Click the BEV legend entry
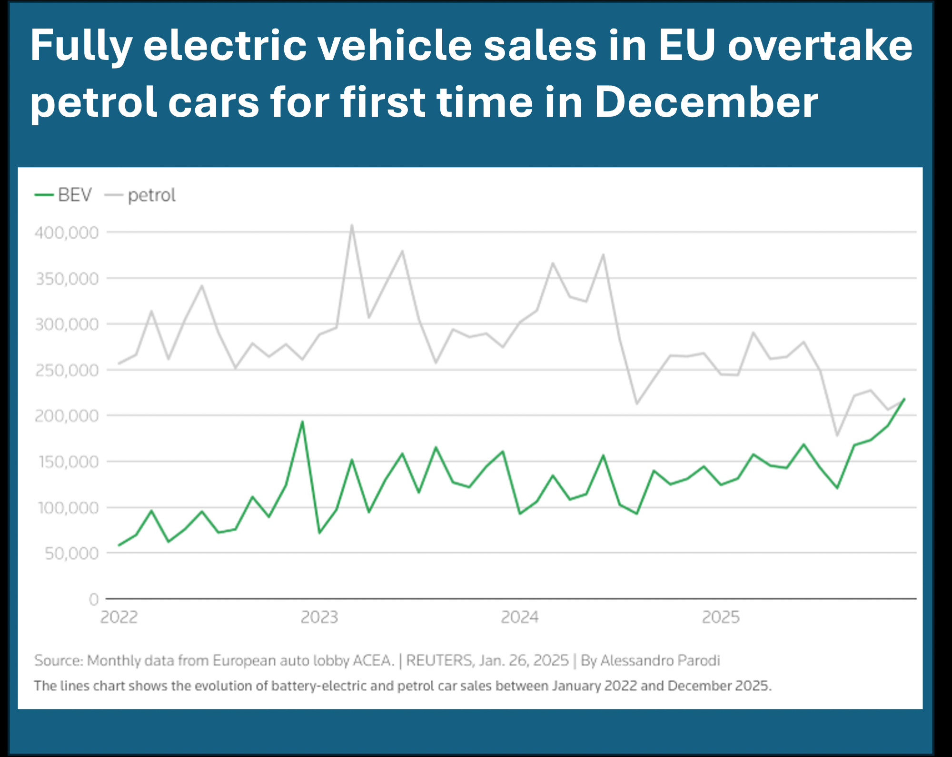[x=63, y=195]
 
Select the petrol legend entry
[x=140, y=195]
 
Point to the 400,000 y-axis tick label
[x=67, y=233]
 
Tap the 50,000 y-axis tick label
[x=71, y=554]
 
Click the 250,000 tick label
[x=67, y=370]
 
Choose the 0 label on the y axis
[x=94, y=599]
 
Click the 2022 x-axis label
[x=119, y=617]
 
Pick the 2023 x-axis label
[x=319, y=617]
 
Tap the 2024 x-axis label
[x=520, y=617]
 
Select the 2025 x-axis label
[x=721, y=617]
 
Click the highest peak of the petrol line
[x=352, y=225]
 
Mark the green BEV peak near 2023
[x=302, y=422]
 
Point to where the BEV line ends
[x=904, y=399]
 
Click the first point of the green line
[x=119, y=545]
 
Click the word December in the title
[x=706, y=102]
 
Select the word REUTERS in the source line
[x=439, y=661]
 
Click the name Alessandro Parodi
[x=660, y=661]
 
